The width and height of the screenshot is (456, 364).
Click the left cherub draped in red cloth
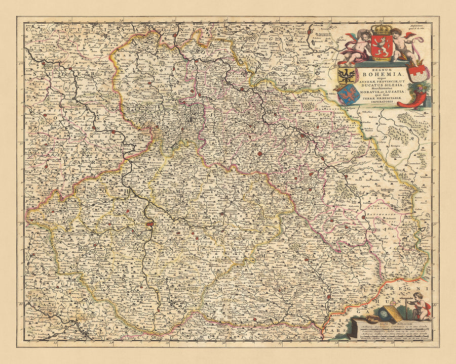[x=356, y=47]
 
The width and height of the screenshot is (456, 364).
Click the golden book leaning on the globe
[x=393, y=313]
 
